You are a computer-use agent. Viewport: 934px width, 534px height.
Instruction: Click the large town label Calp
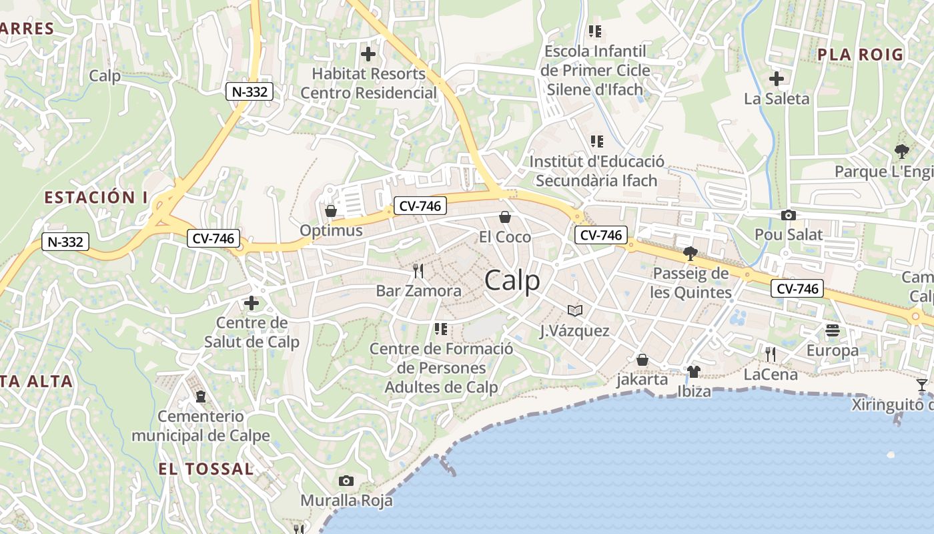pyautogui.click(x=512, y=280)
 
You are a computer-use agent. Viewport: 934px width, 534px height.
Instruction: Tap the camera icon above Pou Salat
pyautogui.click(x=789, y=215)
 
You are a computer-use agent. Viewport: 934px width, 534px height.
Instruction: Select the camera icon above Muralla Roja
pyautogui.click(x=346, y=481)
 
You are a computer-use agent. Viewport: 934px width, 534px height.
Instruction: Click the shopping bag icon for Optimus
pyautogui.click(x=330, y=211)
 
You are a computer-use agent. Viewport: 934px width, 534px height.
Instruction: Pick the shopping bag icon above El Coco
pyautogui.click(x=505, y=217)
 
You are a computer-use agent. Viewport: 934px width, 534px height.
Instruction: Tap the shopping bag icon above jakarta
pyautogui.click(x=642, y=360)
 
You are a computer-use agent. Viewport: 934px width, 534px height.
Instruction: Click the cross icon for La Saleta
pyautogui.click(x=776, y=79)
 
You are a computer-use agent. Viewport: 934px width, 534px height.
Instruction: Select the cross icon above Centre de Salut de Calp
pyautogui.click(x=252, y=303)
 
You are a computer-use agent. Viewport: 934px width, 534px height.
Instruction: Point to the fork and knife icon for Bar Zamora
pyautogui.click(x=418, y=270)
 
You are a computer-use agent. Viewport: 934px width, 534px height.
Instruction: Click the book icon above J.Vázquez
pyautogui.click(x=574, y=310)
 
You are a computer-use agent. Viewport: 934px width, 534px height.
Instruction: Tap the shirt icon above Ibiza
pyautogui.click(x=694, y=371)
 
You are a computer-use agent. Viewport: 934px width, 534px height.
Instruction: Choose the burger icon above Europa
pyautogui.click(x=832, y=330)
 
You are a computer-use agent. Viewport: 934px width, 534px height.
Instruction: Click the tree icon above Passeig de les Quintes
pyautogui.click(x=690, y=254)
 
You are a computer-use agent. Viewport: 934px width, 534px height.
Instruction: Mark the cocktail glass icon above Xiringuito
pyautogui.click(x=921, y=384)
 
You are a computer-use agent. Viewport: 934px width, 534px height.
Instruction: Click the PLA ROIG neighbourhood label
pyautogui.click(x=860, y=55)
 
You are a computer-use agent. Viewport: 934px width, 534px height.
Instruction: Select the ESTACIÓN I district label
pyautogui.click(x=95, y=198)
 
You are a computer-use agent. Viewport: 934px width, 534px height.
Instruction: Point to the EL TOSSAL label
pyautogui.click(x=205, y=469)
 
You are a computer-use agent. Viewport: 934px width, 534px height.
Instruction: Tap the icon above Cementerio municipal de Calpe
pyautogui.click(x=200, y=396)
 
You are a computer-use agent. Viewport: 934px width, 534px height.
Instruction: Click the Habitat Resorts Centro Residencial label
pyautogui.click(x=368, y=83)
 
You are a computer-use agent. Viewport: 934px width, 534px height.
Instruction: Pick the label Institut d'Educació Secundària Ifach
pyautogui.click(x=596, y=171)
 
